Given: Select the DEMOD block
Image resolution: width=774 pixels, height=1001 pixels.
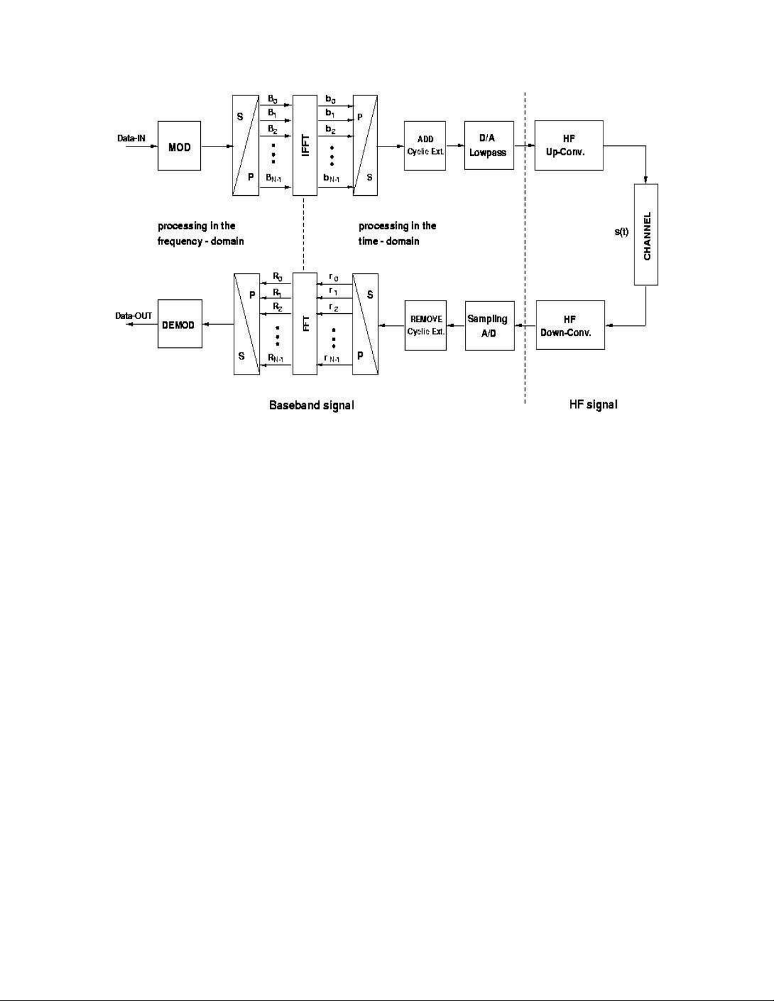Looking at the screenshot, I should (179, 325).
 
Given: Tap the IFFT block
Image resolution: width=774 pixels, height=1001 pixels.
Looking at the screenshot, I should (305, 145).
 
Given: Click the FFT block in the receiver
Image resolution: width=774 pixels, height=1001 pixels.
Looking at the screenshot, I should (305, 324).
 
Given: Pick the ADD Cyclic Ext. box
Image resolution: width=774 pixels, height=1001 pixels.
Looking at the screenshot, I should (425, 145).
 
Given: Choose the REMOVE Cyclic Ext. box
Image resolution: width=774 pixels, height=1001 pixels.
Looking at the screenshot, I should (425, 325).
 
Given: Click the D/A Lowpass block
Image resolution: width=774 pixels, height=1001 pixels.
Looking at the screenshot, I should (488, 145).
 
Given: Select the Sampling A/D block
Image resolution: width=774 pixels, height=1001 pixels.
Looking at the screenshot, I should (488, 325).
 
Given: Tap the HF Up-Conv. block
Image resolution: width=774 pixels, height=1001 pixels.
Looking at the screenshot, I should (569, 145).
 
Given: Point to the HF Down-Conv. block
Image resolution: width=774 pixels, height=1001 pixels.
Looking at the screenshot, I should (570, 325).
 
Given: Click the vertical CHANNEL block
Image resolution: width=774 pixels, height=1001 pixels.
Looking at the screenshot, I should (646, 234).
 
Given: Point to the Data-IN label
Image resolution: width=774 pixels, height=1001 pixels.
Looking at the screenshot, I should (132, 137).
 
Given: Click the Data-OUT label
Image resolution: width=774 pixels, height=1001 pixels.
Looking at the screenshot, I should (133, 316).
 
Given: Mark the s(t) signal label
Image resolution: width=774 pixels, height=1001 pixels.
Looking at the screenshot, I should (622, 232).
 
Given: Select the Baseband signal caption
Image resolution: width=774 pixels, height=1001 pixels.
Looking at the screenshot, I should (311, 405).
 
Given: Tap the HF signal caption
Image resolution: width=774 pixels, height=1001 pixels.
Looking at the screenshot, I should (593, 404).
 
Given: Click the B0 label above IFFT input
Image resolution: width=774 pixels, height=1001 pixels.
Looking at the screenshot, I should (272, 99).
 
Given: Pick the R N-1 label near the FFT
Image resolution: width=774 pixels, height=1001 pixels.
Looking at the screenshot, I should (275, 359).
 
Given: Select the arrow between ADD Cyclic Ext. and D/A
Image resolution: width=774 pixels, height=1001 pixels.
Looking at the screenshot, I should (455, 146).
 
